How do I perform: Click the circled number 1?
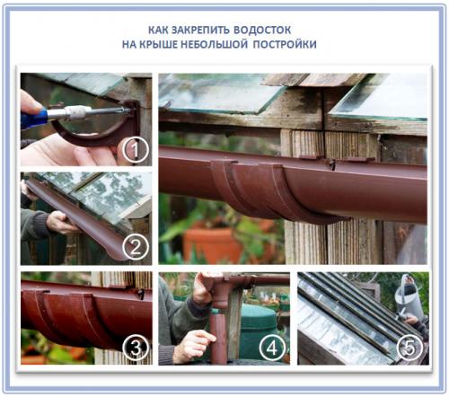pyautogui.click(x=136, y=149)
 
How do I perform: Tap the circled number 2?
pyautogui.click(x=136, y=247)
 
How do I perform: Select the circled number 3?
pyautogui.click(x=136, y=348)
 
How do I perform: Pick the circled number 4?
pyautogui.click(x=272, y=348)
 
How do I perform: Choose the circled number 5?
pyautogui.click(x=409, y=348)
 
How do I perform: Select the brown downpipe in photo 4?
pyautogui.click(x=219, y=330)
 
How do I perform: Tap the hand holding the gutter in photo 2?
pyautogui.click(x=61, y=223)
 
